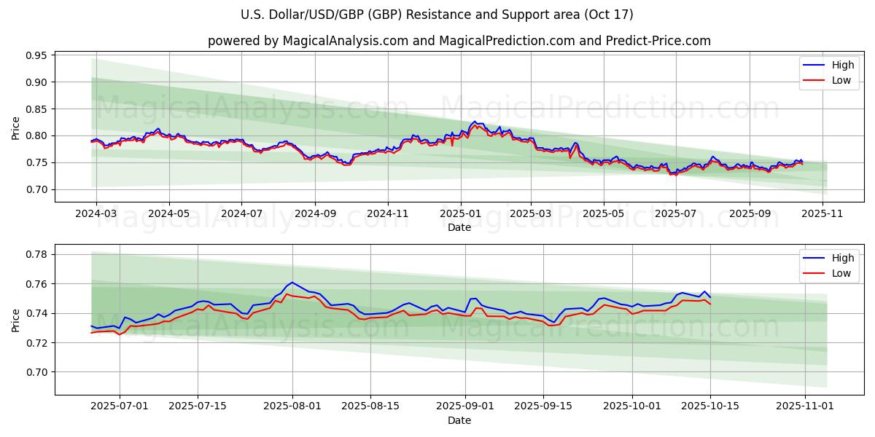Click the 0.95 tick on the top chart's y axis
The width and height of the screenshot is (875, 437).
[37, 55]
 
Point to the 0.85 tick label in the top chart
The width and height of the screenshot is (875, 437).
[37, 109]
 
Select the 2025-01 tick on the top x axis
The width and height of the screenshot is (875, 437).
[460, 214]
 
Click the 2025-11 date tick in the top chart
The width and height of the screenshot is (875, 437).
[822, 214]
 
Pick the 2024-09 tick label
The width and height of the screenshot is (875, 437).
[315, 214]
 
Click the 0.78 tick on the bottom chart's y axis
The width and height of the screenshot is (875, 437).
[37, 254]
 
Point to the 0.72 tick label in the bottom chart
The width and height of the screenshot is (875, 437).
[37, 342]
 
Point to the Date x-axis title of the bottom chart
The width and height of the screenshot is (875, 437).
[459, 420]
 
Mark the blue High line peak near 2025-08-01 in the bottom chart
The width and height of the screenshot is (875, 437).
[292, 282]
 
